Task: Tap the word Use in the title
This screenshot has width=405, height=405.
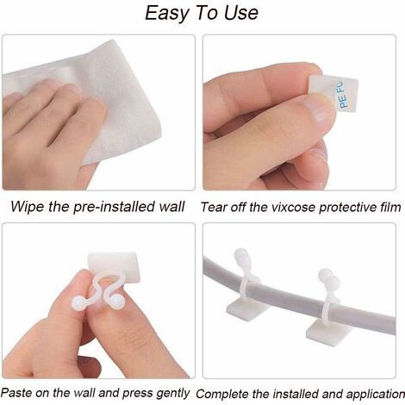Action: (241, 13)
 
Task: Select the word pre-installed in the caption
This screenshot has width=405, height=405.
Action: (114, 207)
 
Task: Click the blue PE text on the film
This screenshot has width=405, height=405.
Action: (344, 103)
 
